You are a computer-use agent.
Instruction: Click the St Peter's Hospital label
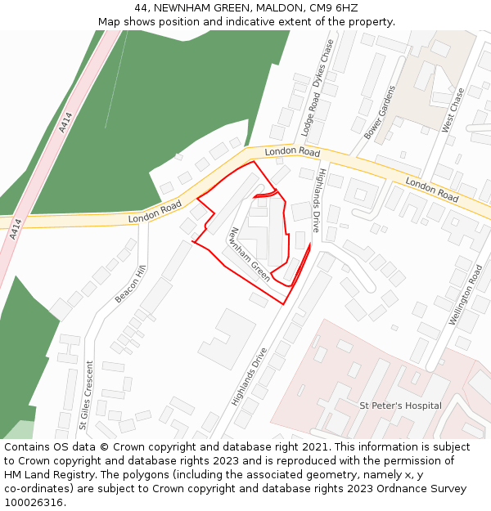(400, 406)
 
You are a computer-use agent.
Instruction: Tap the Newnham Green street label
(250, 254)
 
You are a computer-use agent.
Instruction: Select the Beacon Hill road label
(130, 284)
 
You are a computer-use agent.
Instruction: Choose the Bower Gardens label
(380, 110)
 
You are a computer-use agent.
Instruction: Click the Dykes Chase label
(324, 62)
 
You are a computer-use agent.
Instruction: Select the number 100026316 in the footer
(34, 502)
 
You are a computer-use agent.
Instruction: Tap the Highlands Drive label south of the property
(249, 377)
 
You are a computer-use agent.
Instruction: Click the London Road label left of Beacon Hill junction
(155, 213)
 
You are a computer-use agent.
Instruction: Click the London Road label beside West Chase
(432, 191)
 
